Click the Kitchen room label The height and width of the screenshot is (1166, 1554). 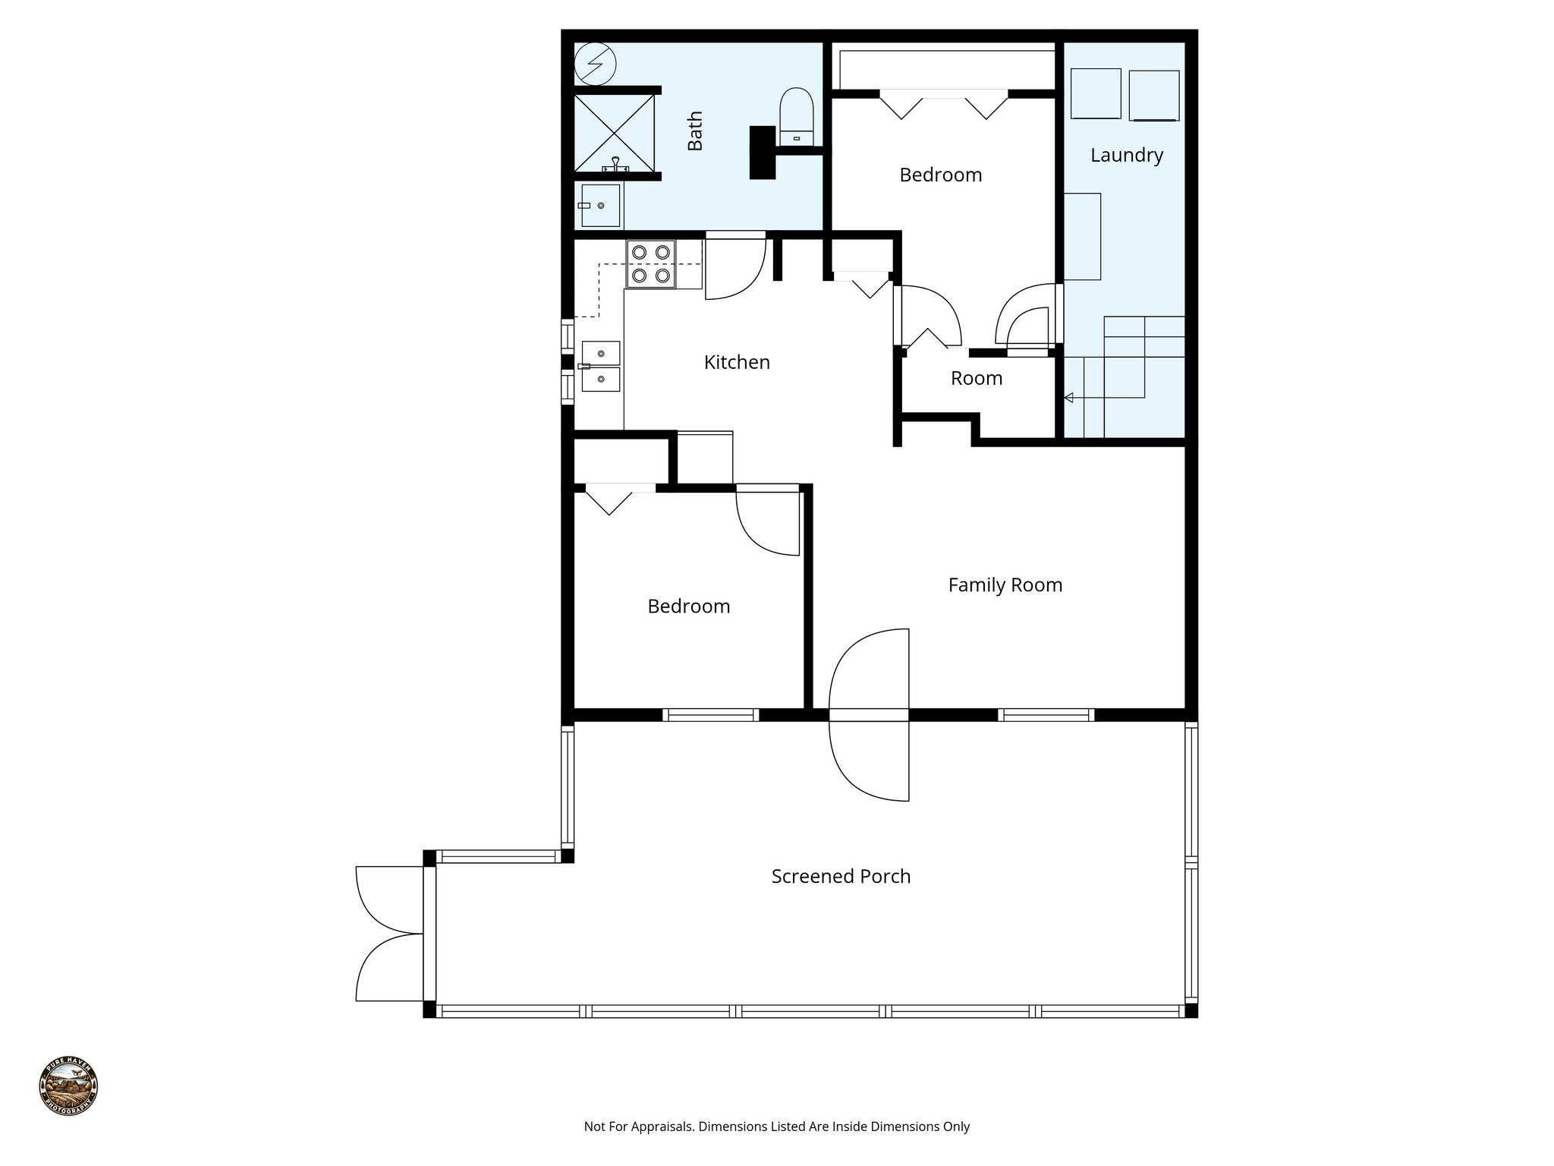click(x=737, y=362)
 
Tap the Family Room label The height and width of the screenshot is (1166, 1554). click(x=1005, y=585)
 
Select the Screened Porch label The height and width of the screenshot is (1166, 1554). click(x=841, y=876)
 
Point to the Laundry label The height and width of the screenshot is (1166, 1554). click(x=1126, y=155)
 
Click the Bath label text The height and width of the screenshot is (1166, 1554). click(x=695, y=131)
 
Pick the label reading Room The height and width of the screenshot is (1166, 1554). click(x=977, y=378)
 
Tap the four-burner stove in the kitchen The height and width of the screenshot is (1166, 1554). click(x=651, y=263)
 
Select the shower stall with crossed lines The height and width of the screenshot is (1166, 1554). click(x=613, y=132)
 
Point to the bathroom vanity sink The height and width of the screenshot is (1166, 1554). click(x=600, y=206)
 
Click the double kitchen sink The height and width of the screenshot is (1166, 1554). click(x=600, y=366)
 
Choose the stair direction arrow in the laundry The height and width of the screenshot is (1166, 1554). click(x=1069, y=397)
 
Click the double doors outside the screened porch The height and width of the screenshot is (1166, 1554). click(x=388, y=933)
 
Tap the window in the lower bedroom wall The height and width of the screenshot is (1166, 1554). click(x=710, y=714)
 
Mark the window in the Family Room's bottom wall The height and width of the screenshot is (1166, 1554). click(x=1046, y=714)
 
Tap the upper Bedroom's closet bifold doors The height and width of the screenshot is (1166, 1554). click(x=943, y=104)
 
